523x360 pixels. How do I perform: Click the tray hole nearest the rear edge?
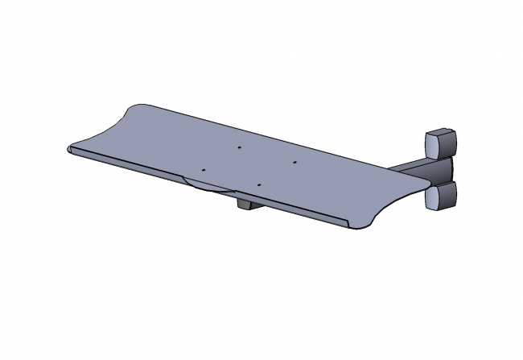240,147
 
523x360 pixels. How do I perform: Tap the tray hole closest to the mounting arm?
294,162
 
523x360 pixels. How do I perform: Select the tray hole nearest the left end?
204,170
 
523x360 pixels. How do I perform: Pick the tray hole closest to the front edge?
258,184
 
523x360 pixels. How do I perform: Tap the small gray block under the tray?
247,205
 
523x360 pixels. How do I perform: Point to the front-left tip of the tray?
69,149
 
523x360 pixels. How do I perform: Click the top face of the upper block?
440,131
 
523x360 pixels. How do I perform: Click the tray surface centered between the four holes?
249,166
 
